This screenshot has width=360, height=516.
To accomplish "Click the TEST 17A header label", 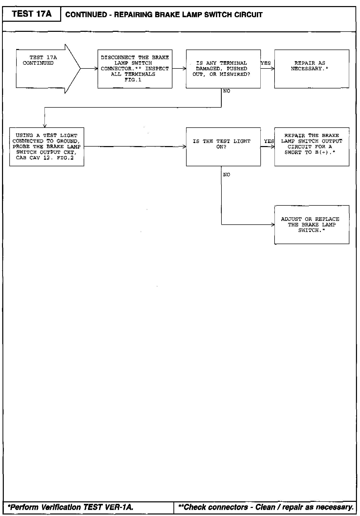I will point(32,14).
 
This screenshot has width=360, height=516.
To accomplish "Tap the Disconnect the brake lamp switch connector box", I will point(135,69).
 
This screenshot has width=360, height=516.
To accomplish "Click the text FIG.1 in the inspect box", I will point(133,80).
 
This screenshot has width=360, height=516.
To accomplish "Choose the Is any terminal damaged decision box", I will point(223,69).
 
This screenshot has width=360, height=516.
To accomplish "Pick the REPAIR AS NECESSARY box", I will point(312,69).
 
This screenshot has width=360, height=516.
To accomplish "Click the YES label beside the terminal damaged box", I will point(266,63).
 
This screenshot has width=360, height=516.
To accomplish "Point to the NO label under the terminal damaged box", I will point(227,91).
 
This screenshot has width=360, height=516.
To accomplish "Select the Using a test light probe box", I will point(47,147).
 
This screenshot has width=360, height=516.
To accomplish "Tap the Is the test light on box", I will point(223,147).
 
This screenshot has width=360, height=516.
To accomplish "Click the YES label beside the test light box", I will point(269,141).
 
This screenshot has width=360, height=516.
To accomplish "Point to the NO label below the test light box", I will point(227,175).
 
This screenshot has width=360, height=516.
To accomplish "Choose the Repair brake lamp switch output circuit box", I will point(312,147).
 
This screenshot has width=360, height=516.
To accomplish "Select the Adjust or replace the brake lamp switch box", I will point(312,225).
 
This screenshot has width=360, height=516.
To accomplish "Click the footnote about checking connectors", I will point(266,507).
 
